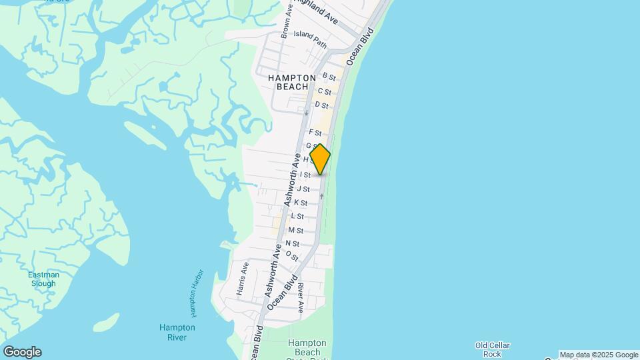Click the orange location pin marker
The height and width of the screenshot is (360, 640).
tap(320, 159)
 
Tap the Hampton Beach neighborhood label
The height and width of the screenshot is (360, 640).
tap(292, 82)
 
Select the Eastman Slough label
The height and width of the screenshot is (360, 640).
tap(43, 279)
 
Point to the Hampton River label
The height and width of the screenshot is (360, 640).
tap(177, 332)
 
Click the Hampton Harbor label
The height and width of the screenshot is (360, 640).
tap(194, 293)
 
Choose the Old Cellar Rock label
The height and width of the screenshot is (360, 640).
tap(493, 349)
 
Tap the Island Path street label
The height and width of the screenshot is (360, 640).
tap(310, 39)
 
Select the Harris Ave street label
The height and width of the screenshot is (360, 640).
tap(243, 279)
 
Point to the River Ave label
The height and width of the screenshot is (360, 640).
tap(301, 298)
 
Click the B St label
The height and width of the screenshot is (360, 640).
tap(329, 77)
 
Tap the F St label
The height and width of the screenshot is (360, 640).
tap(315, 133)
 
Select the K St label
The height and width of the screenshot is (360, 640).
tap(301, 203)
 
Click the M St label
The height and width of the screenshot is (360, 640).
tap(295, 231)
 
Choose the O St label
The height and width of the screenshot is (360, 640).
tap(291, 256)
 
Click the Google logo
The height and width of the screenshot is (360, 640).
tap(22, 352)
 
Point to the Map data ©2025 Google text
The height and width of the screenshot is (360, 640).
tap(599, 355)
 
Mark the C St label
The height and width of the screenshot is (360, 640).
tap(325, 91)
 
